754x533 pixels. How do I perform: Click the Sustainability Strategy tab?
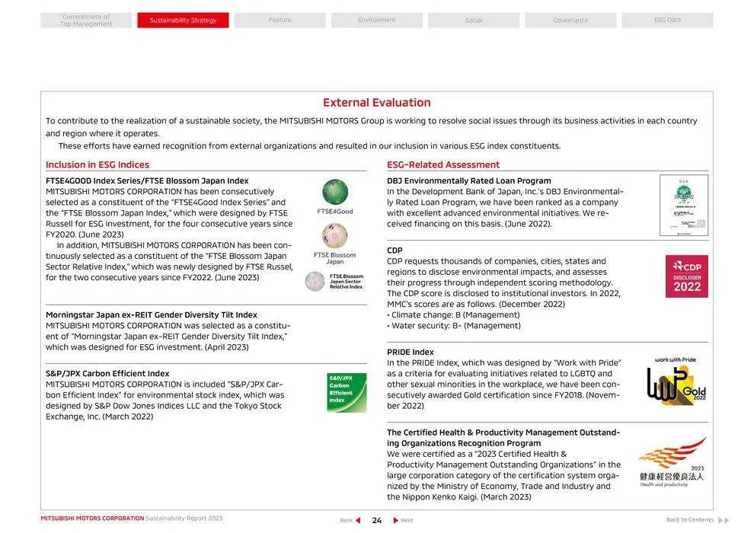coord(183,21)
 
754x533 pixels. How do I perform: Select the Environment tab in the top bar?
coord(377,21)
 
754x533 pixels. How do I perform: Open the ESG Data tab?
coord(667,21)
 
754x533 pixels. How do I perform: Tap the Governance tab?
coord(570,21)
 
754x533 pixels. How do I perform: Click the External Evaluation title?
coord(377,103)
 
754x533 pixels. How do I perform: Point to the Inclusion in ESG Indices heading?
coord(97,164)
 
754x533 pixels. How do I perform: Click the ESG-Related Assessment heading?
coord(443,164)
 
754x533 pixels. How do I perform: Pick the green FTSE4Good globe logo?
coord(335,192)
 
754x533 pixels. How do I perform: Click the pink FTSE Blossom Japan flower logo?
coord(334,236)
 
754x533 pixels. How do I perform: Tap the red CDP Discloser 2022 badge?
coord(686,276)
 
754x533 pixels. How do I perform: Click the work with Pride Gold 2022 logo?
coord(676,381)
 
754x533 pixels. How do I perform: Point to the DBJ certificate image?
coord(683,205)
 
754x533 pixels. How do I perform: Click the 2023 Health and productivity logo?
coord(673,463)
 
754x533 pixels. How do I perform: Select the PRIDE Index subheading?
coord(411,353)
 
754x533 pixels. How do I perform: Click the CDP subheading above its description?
coord(395,251)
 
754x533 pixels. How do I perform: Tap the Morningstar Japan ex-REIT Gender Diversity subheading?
coord(152,315)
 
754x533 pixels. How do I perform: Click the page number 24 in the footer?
coord(377,521)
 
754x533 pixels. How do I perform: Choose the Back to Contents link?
coord(690,520)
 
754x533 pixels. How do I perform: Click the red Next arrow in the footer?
coord(396,521)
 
